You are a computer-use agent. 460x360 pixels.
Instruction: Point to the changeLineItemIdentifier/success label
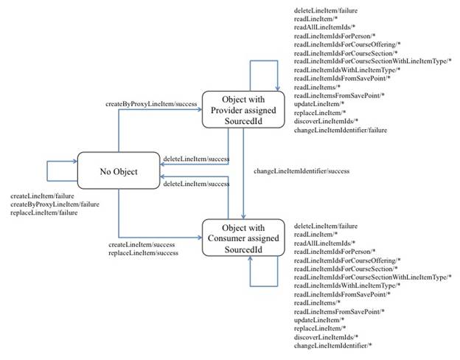point(302,171)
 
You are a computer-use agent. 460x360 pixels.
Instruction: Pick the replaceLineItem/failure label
point(43,212)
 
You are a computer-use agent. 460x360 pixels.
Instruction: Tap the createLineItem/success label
point(142,244)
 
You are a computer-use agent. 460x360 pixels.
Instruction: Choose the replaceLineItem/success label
point(143,252)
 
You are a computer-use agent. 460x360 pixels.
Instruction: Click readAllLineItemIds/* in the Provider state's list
point(324,27)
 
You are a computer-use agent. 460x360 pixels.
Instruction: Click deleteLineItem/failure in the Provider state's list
point(325,9)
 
